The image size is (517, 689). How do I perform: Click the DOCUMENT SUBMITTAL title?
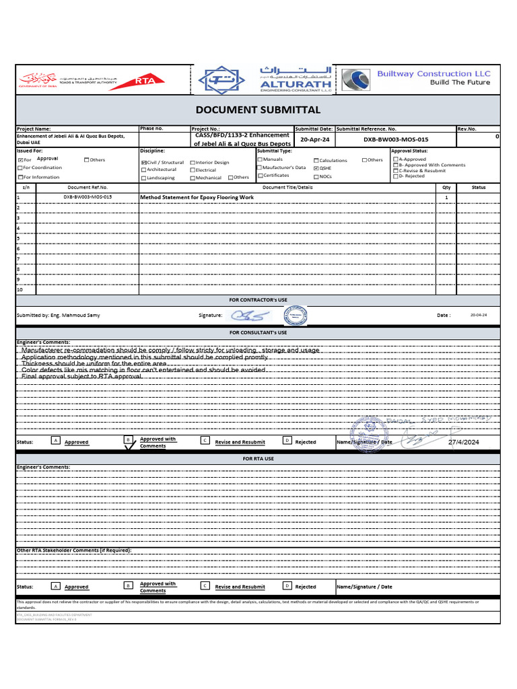(258, 110)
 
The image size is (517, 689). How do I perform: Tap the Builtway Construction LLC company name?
(434, 73)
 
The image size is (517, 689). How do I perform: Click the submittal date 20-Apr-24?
(314, 139)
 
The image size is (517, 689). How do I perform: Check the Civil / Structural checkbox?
(144, 162)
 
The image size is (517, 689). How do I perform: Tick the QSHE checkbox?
(316, 168)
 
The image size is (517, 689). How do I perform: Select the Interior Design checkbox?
(193, 162)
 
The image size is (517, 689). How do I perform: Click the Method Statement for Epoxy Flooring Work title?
(197, 198)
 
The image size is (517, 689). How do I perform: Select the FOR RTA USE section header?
(258, 458)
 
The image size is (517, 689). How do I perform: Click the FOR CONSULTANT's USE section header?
(258, 332)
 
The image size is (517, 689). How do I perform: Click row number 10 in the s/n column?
(20, 289)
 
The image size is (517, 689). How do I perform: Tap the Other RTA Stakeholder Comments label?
(74, 550)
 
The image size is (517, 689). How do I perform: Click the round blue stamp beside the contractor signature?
(295, 314)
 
